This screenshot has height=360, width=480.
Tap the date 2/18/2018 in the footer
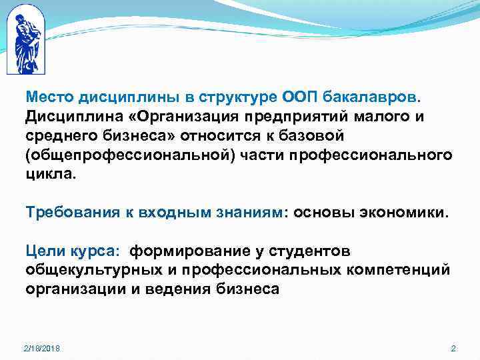click(x=41, y=349)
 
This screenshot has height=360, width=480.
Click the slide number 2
click(x=453, y=349)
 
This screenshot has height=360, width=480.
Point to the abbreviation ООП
click(x=290, y=97)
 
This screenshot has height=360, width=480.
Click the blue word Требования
click(x=69, y=212)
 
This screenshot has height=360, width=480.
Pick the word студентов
click(x=313, y=251)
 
